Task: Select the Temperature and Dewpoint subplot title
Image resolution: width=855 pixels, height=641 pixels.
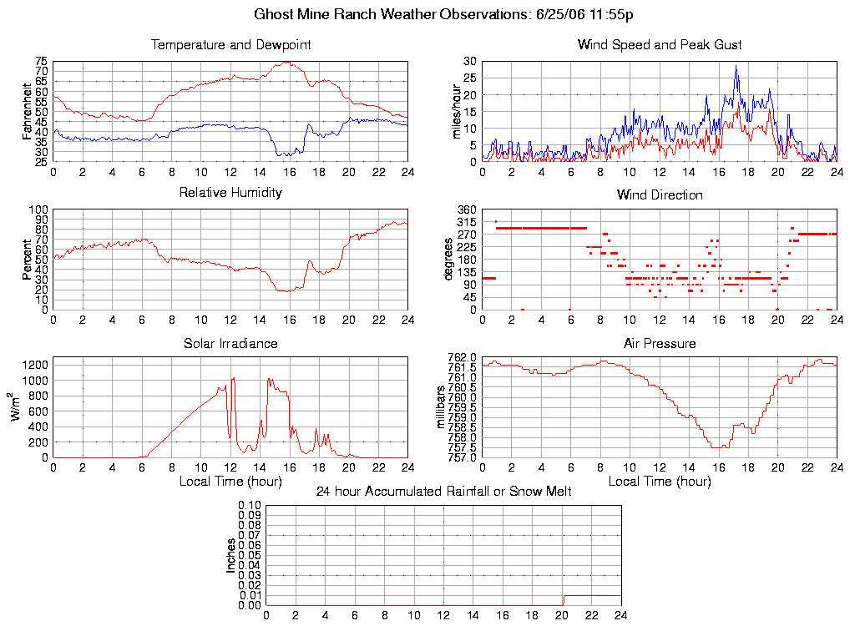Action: point(230,44)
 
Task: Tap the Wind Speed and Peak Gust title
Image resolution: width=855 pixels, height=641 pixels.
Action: point(660,44)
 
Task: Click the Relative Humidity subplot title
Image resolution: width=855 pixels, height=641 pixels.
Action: point(230,193)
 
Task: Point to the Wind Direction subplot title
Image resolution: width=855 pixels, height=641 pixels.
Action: point(660,194)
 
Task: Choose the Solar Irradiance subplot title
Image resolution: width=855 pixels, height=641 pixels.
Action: point(230,343)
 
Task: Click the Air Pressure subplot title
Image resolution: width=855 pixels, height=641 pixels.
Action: point(660,343)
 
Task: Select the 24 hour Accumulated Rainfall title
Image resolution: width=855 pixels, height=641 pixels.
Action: point(443,492)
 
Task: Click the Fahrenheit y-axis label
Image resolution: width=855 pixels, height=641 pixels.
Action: point(28,111)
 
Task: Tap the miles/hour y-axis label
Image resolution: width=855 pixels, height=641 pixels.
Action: point(457,111)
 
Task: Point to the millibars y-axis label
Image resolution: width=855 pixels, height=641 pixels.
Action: point(443,407)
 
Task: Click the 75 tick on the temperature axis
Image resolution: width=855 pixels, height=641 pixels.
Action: point(41,62)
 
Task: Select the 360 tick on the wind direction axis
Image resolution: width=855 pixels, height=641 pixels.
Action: point(466,209)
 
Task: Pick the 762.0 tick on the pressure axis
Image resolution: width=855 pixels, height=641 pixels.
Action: point(461,358)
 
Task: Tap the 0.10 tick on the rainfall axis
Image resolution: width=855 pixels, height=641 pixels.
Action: point(250,505)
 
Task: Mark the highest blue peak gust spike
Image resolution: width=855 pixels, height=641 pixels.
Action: point(736,67)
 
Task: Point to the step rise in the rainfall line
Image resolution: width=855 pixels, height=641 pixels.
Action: point(563,599)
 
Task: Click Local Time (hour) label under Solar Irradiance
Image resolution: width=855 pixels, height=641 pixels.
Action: point(230,481)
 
